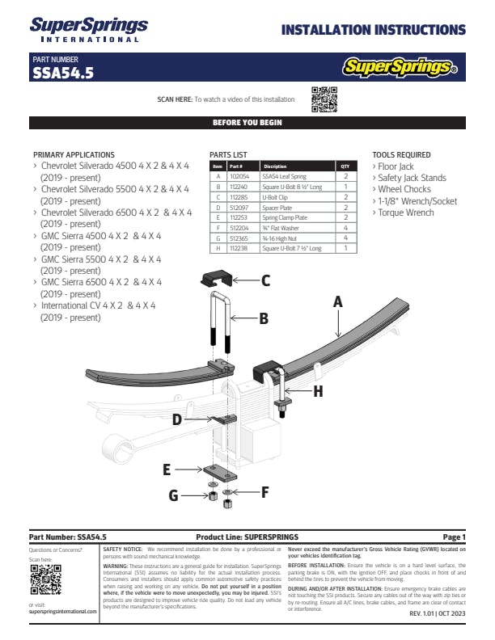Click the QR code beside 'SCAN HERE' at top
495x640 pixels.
(x=324, y=99)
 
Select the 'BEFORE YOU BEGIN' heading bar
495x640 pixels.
(x=247, y=123)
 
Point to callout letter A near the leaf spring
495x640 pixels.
(x=338, y=301)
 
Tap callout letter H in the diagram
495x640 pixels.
(x=318, y=391)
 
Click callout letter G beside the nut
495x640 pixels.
(x=172, y=494)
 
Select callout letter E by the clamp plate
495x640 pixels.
(x=166, y=469)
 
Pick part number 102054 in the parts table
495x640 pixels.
(x=239, y=175)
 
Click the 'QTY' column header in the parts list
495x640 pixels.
(x=345, y=166)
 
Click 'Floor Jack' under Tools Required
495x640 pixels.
(x=396, y=166)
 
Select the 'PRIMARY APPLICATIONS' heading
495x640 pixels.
(x=74, y=154)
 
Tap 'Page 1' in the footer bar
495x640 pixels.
(x=454, y=537)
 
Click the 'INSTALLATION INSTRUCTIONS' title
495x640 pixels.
(x=373, y=31)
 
